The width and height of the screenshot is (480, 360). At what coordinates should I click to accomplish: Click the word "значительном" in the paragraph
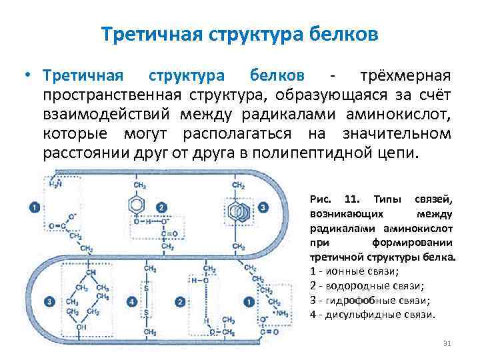click(397, 133)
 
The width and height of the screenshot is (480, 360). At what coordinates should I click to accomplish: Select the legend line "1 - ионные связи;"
click(355, 272)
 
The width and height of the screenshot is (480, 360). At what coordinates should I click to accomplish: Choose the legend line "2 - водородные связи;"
click(363, 286)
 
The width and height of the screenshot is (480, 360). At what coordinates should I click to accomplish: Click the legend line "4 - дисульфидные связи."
click(373, 315)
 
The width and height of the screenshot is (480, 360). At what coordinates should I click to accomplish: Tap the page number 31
click(447, 344)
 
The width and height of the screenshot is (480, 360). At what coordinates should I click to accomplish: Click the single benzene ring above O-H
click(141, 203)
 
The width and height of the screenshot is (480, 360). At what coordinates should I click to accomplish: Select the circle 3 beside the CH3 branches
click(50, 302)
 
